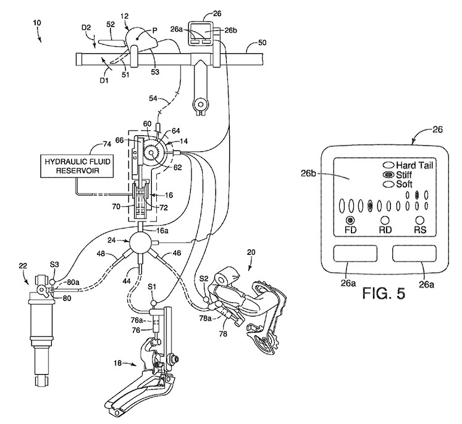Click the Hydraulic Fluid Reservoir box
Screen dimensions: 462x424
tap(77, 166)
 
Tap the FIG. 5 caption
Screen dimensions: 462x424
tap(384, 294)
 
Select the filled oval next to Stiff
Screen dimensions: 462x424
tap(388, 175)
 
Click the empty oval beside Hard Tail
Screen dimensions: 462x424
tap(388, 165)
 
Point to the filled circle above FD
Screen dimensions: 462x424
tap(350, 220)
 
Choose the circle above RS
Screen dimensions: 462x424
tap(420, 220)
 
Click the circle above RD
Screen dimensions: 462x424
tap(385, 220)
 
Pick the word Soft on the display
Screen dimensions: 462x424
tap(404, 185)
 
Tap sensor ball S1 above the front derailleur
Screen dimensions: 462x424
tap(153, 303)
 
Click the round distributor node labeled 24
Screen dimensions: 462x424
tap(140, 242)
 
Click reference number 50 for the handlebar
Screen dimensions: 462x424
tap(262, 43)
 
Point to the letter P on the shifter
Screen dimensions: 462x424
tap(154, 30)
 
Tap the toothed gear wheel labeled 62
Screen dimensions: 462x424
tap(151, 153)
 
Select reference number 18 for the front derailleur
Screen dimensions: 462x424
tap(117, 364)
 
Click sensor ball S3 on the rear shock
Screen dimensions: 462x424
tap(52, 282)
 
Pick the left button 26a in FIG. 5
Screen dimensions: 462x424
tap(355, 253)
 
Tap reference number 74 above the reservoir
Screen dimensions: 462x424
tap(107, 144)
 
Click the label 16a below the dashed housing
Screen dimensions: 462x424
tap(162, 231)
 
